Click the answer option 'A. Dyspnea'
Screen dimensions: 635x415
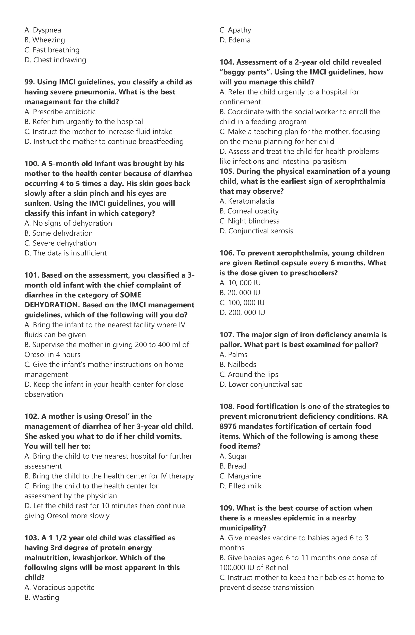tap(43, 30)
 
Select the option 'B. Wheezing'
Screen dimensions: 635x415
tap(45, 40)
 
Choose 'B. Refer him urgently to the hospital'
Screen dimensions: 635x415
tap(83, 122)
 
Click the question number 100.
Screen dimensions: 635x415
tap(31, 164)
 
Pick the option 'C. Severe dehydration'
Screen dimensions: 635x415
tap(60, 243)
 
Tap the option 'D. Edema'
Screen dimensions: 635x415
tap(235, 40)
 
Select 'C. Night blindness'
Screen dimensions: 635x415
tap(249, 221)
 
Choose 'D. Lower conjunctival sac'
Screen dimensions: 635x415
tap(261, 384)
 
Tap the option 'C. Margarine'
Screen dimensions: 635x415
tap(240, 476)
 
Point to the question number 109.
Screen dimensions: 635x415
tap(226, 508)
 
